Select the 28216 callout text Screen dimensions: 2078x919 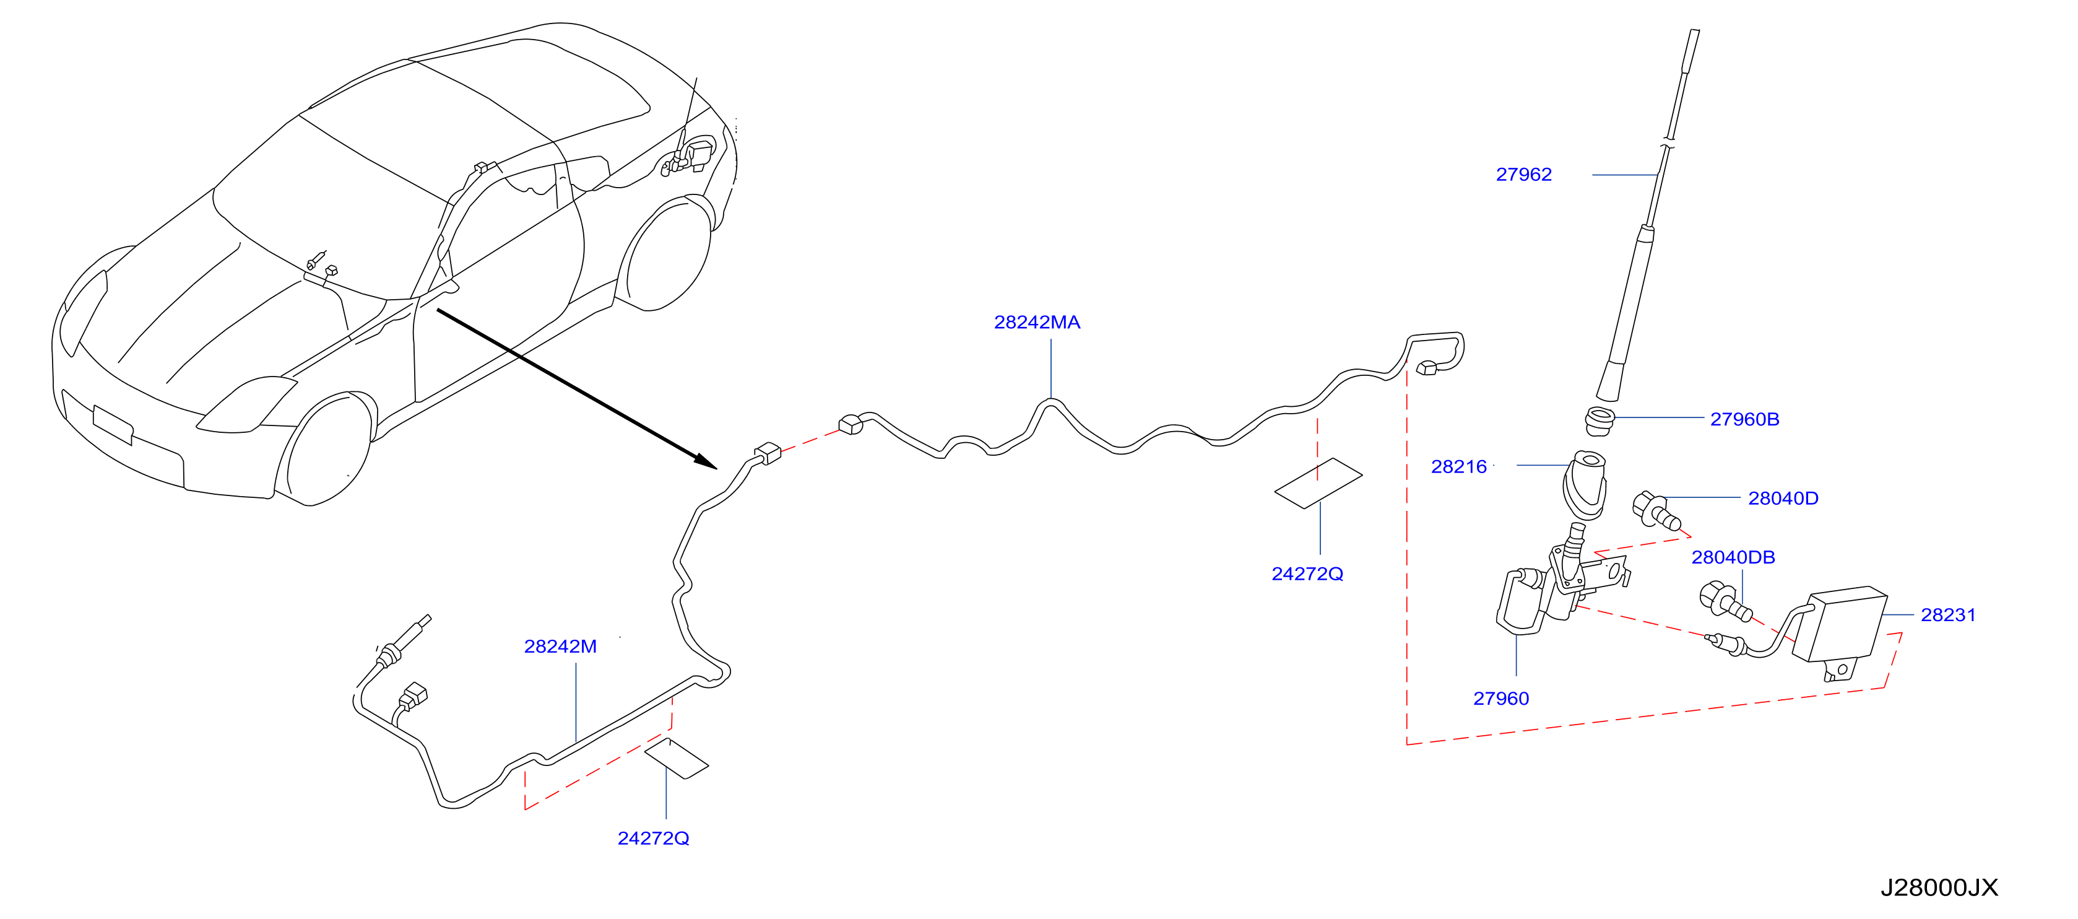(x=1458, y=466)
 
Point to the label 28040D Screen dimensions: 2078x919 (x=1783, y=499)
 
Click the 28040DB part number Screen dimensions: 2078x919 (x=1733, y=557)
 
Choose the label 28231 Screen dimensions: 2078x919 (x=1948, y=615)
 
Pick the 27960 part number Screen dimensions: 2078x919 (x=1500, y=699)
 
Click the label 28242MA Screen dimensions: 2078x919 (x=1037, y=322)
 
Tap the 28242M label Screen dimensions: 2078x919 (x=560, y=647)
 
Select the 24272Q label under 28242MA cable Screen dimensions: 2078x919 (x=1307, y=573)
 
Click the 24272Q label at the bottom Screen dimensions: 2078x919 (x=652, y=838)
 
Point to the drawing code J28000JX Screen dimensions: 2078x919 (x=1939, y=887)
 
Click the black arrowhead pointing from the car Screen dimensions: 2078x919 (x=705, y=461)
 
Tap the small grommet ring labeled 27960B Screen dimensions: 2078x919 (x=1599, y=421)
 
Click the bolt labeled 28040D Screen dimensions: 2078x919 (x=1656, y=511)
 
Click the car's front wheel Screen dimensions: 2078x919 (x=323, y=448)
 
